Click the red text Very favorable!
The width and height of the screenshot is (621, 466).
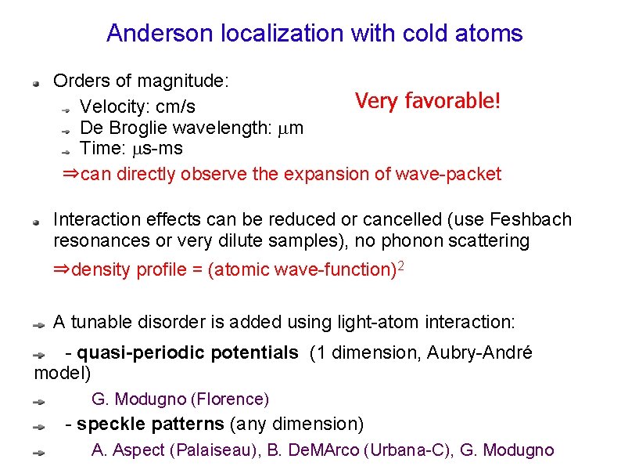click(x=427, y=101)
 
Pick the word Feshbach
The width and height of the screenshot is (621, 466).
click(x=531, y=220)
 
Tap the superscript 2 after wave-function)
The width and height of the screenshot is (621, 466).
click(x=401, y=266)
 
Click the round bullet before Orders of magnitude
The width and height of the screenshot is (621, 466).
click(x=36, y=81)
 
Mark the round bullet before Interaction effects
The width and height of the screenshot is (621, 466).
click(x=36, y=222)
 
